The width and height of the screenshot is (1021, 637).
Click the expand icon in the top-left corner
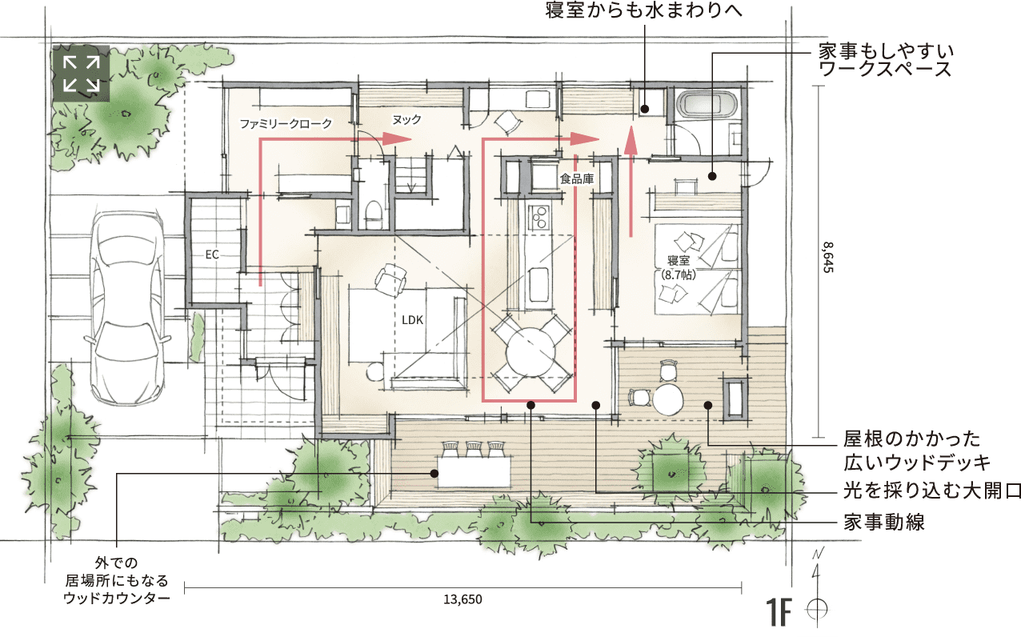pyautogui.click(x=81, y=73)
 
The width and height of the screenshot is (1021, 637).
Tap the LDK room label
pyautogui.click(x=413, y=320)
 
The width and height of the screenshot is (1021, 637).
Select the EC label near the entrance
pyautogui.click(x=212, y=254)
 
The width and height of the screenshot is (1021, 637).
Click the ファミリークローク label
pyautogui.click(x=286, y=123)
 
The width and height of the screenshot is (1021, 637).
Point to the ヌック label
pyautogui.click(x=406, y=119)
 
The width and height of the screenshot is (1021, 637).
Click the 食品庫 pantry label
pyautogui.click(x=577, y=178)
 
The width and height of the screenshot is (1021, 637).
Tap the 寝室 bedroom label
pyautogui.click(x=679, y=260)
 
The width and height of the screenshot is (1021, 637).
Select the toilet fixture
pyautogui.click(x=374, y=214)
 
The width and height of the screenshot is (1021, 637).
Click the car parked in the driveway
pyautogui.click(x=127, y=306)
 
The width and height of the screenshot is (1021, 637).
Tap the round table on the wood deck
pyautogui.click(x=668, y=399)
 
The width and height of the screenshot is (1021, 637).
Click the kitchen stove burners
pyautogui.click(x=539, y=218)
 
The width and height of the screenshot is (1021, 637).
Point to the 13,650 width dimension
pyautogui.click(x=462, y=599)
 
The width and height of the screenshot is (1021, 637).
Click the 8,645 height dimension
pyautogui.click(x=829, y=257)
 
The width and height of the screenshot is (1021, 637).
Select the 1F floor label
pyautogui.click(x=778, y=612)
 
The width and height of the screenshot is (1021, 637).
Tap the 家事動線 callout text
pyautogui.click(x=884, y=522)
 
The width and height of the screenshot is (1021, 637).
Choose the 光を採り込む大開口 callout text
pyautogui.click(x=931, y=491)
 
